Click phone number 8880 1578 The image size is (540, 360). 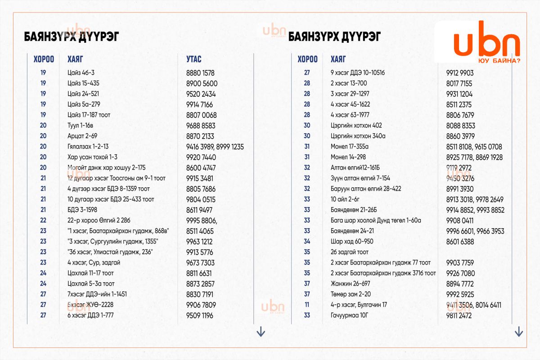pyautogui.click(x=200, y=73)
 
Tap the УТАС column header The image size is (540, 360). pyautogui.click(x=194, y=59)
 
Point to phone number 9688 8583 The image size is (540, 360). pyautogui.click(x=201, y=126)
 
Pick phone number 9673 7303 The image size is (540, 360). pyautogui.click(x=200, y=263)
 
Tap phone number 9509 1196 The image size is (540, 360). pyautogui.click(x=200, y=315)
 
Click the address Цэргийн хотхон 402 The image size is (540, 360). pyautogui.click(x=356, y=126)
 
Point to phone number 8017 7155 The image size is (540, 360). pyautogui.click(x=459, y=84)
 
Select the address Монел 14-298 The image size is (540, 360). pyautogui.click(x=348, y=157)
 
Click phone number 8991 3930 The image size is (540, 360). pyautogui.click(x=460, y=189)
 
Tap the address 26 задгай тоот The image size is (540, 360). pyautogui.click(x=350, y=252)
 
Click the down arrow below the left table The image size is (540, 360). pyautogui.click(x=261, y=332)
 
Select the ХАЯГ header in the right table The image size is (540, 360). pyautogui.click(x=338, y=59)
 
